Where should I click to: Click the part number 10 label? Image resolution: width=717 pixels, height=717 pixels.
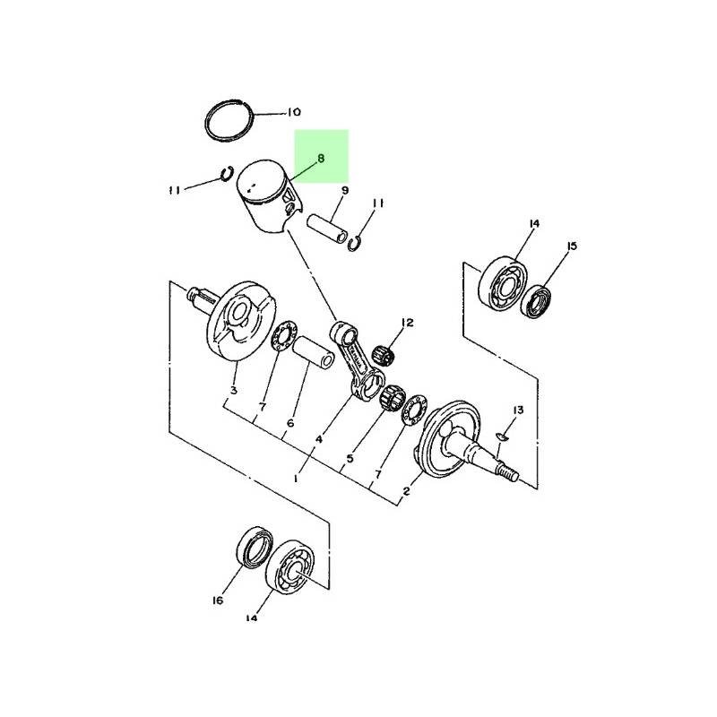[294, 112]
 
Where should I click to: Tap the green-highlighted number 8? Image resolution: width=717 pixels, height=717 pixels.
[321, 159]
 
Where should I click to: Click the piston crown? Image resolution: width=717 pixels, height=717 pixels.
[261, 181]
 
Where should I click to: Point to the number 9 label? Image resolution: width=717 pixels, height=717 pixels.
[345, 190]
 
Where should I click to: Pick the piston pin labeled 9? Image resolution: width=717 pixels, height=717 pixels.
[326, 229]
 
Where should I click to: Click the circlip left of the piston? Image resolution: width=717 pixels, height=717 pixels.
[227, 173]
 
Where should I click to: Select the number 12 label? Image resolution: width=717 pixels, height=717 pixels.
[407, 323]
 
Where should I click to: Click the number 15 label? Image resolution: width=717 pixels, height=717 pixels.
[572, 246]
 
